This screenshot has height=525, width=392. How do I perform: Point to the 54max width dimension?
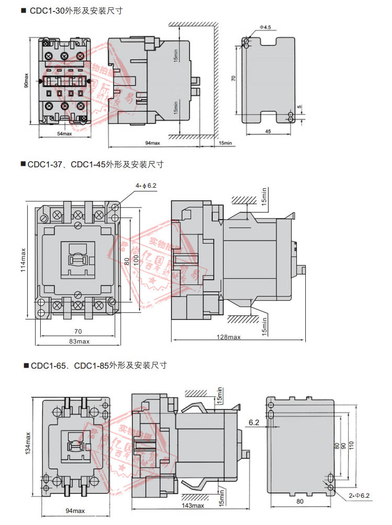[64, 134]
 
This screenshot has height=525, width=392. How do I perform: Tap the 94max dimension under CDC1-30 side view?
[152, 142]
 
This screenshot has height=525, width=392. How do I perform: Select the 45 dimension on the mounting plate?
[267, 131]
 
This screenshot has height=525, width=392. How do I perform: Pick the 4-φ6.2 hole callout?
[147, 186]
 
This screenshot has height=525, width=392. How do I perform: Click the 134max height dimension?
[28, 443]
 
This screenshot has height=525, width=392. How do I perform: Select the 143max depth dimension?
[193, 506]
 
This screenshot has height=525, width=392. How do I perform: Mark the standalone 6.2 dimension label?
[254, 423]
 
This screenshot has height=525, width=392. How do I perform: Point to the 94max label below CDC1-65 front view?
[75, 511]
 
